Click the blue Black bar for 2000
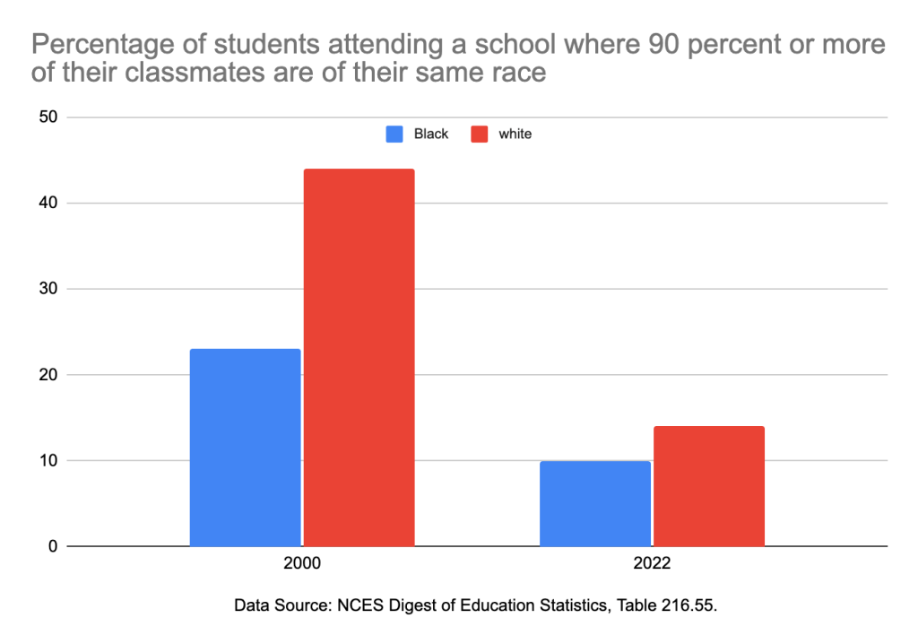pos(246,447)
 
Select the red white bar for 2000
pos(359,357)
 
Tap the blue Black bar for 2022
pos(595,503)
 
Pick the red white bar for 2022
pos(709,486)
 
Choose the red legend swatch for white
pos(479,134)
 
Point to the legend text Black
pos(431,134)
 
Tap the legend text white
pos(515,134)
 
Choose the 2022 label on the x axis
pos(652,567)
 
